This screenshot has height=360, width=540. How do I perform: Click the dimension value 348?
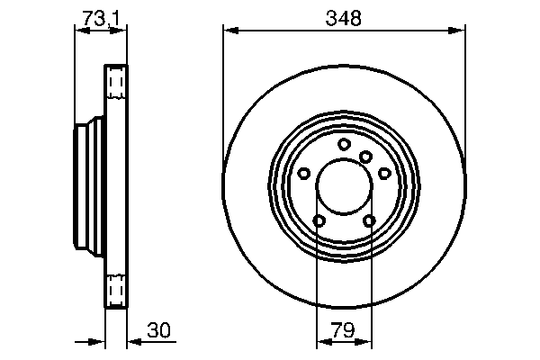pos(345,17)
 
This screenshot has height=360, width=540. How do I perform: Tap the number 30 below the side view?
pos(158,330)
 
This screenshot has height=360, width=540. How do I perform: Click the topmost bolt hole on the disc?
pos(344,144)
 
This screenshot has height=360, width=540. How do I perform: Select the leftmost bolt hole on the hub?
pos(304,174)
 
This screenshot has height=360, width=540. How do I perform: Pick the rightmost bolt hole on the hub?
pos(384,173)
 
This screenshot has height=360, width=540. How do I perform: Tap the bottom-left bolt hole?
pos(319,220)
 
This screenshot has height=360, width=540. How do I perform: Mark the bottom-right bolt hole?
pos(369,220)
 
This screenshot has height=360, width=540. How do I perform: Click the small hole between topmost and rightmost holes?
pos(365,157)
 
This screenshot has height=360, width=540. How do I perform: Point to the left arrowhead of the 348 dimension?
pos(228,31)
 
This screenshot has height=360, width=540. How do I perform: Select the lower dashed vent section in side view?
pos(115,290)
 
